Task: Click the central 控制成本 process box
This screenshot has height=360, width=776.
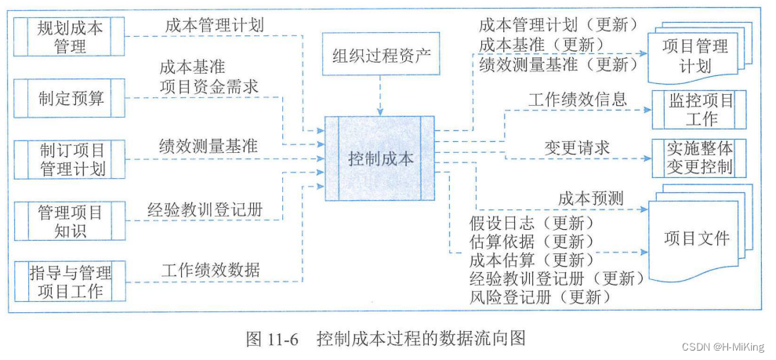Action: (x=380, y=158)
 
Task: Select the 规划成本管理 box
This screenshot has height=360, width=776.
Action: (x=70, y=37)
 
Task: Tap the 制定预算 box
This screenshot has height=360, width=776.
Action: (x=70, y=98)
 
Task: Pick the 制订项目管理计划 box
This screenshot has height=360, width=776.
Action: (x=70, y=158)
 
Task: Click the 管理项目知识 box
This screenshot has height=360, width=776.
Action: (x=70, y=221)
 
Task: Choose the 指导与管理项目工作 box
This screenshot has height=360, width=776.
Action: (x=70, y=282)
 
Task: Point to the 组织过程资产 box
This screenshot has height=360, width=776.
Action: (x=379, y=55)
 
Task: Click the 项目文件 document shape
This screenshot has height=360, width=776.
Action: (x=695, y=238)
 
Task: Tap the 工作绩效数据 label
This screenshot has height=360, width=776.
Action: (x=211, y=271)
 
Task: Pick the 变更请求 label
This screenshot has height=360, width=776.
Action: (x=577, y=147)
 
